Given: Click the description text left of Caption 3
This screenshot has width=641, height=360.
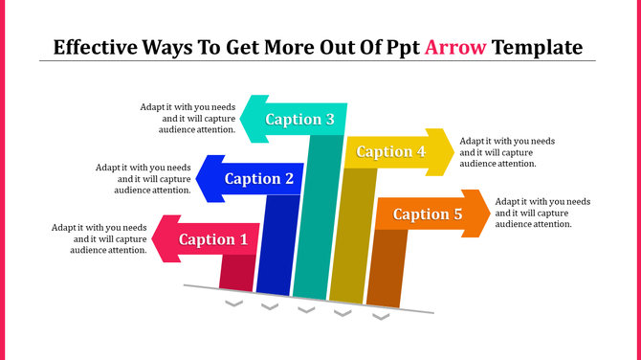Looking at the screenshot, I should [x=187, y=118].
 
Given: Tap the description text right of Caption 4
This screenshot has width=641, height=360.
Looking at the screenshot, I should [x=507, y=151].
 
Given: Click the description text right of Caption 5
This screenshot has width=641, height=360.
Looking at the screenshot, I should [x=542, y=213].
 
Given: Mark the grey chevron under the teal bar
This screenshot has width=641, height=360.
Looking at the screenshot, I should [x=306, y=309].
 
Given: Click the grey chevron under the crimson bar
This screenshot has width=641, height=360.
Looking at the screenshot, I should [x=232, y=304].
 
